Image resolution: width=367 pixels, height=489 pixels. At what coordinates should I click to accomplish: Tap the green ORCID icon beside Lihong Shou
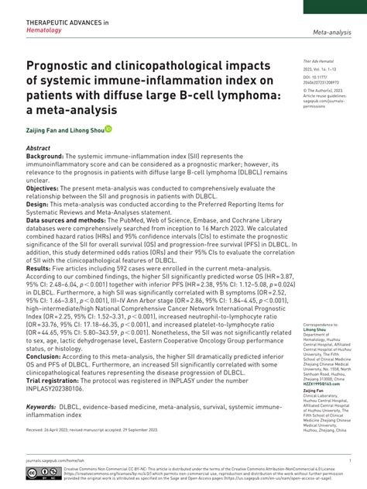point(109,129)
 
